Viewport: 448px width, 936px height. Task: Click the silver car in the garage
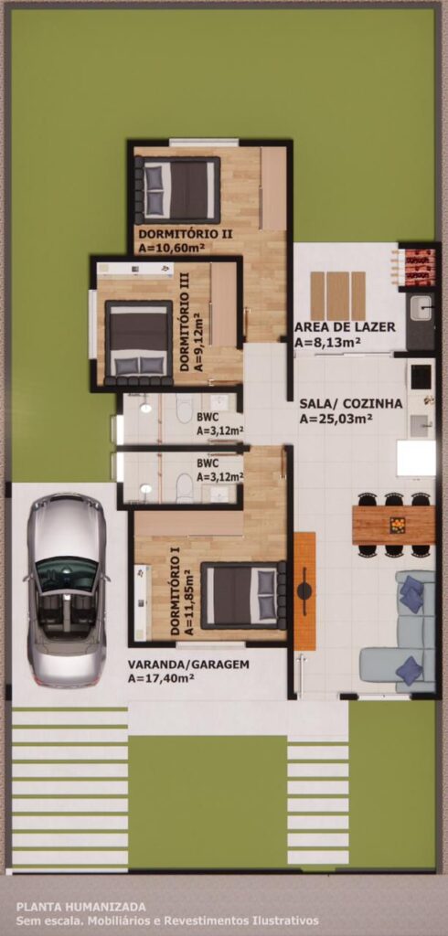pos(66,590)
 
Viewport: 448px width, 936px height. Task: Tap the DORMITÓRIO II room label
pos(176,233)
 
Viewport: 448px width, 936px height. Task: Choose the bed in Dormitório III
pos(139,342)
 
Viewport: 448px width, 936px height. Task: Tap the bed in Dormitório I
pos(243,595)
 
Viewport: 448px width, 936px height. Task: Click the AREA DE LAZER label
pos(345,327)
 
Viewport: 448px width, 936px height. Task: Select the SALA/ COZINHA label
pos(351,404)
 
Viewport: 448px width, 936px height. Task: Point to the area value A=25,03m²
pos(336,419)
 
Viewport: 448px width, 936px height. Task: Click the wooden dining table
pos(394,526)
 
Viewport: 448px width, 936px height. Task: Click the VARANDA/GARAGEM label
pos(188,665)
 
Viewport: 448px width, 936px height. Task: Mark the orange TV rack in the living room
pos(304,591)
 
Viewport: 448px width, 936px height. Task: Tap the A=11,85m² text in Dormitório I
pos(188,602)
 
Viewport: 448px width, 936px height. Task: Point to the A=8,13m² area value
pos(323,342)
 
